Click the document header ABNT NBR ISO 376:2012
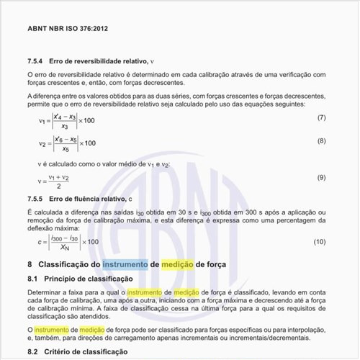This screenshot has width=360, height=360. [68, 29]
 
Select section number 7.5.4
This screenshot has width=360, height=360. [37, 61]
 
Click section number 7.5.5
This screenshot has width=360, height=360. [37, 197]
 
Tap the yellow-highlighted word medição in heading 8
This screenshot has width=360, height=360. [181, 264]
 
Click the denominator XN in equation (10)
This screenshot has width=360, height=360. [65, 247]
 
